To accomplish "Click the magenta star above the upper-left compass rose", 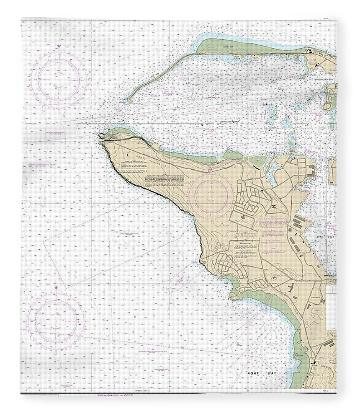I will click(59, 46).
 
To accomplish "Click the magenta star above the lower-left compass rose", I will click(56, 287).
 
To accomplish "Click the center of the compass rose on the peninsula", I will click(211, 195).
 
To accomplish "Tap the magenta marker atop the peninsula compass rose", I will click(211, 169).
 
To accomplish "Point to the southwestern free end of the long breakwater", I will click(129, 101).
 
